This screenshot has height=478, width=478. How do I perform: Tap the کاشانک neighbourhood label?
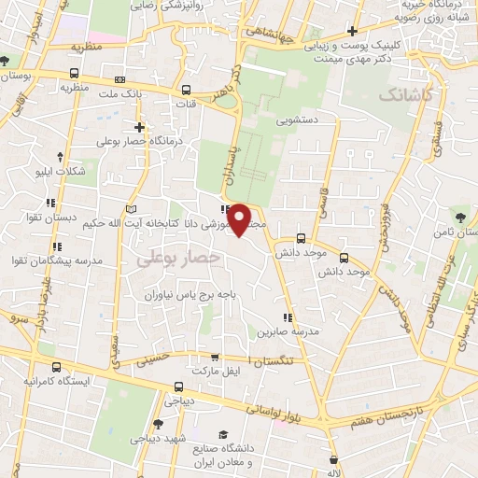[x=407, y=95]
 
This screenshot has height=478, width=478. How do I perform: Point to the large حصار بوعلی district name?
[x=177, y=256]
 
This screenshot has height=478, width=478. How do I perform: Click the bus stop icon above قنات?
[x=186, y=91]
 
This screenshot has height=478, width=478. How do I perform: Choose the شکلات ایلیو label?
[x=60, y=172]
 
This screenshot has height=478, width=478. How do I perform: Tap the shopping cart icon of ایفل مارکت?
[x=216, y=357]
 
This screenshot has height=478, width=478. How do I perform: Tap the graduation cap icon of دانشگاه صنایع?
[x=223, y=434]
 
